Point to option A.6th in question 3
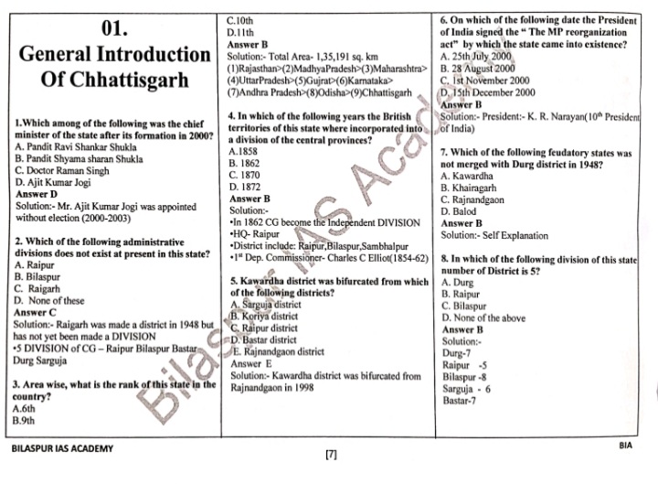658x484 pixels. pyautogui.click(x=28, y=410)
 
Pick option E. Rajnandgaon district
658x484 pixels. pyautogui.click(x=279, y=351)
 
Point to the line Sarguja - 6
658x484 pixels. pyautogui.click(x=467, y=388)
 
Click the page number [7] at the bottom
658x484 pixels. pyautogui.click(x=331, y=455)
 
